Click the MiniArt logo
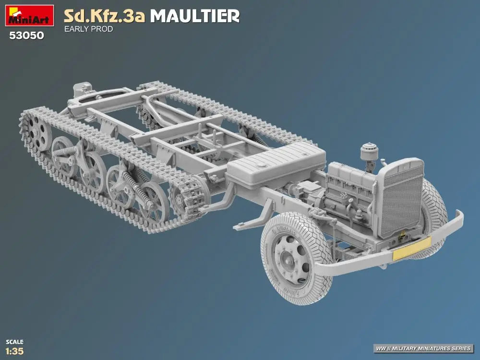click(x=29, y=15)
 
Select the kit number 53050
click(x=26, y=36)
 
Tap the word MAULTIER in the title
click(x=195, y=16)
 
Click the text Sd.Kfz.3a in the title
click(x=104, y=16)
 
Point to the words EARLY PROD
click(x=88, y=29)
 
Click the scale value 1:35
click(x=15, y=351)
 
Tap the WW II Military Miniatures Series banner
click(x=423, y=348)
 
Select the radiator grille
click(x=400, y=198)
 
